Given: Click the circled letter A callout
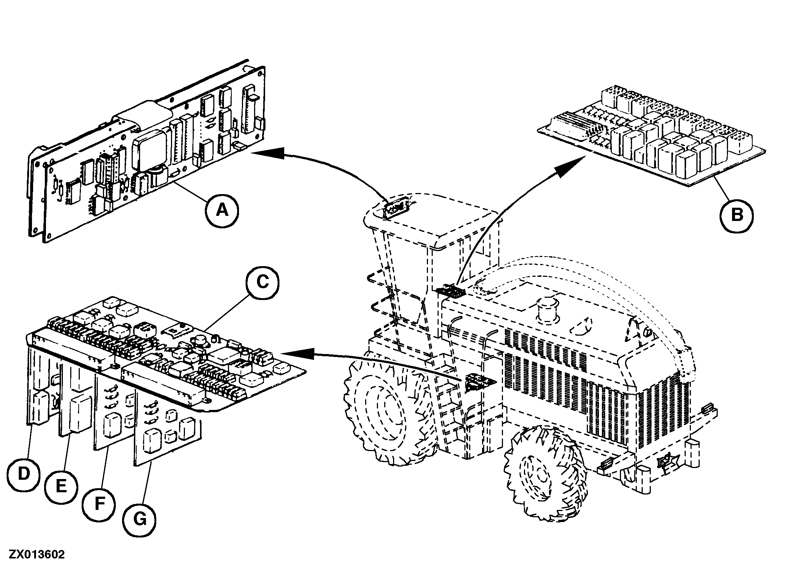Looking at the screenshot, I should pyautogui.click(x=222, y=210).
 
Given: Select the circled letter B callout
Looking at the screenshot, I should pyautogui.click(x=736, y=215).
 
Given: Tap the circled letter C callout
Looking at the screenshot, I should pyautogui.click(x=262, y=282).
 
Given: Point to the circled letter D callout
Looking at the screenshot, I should pyautogui.click(x=24, y=474).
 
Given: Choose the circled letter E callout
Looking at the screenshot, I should pyautogui.click(x=61, y=486).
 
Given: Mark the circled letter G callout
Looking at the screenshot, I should pyautogui.click(x=140, y=519).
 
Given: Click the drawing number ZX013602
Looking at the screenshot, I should pyautogui.click(x=37, y=554).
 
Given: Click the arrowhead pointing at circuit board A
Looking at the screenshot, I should pyautogui.click(x=268, y=153).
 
